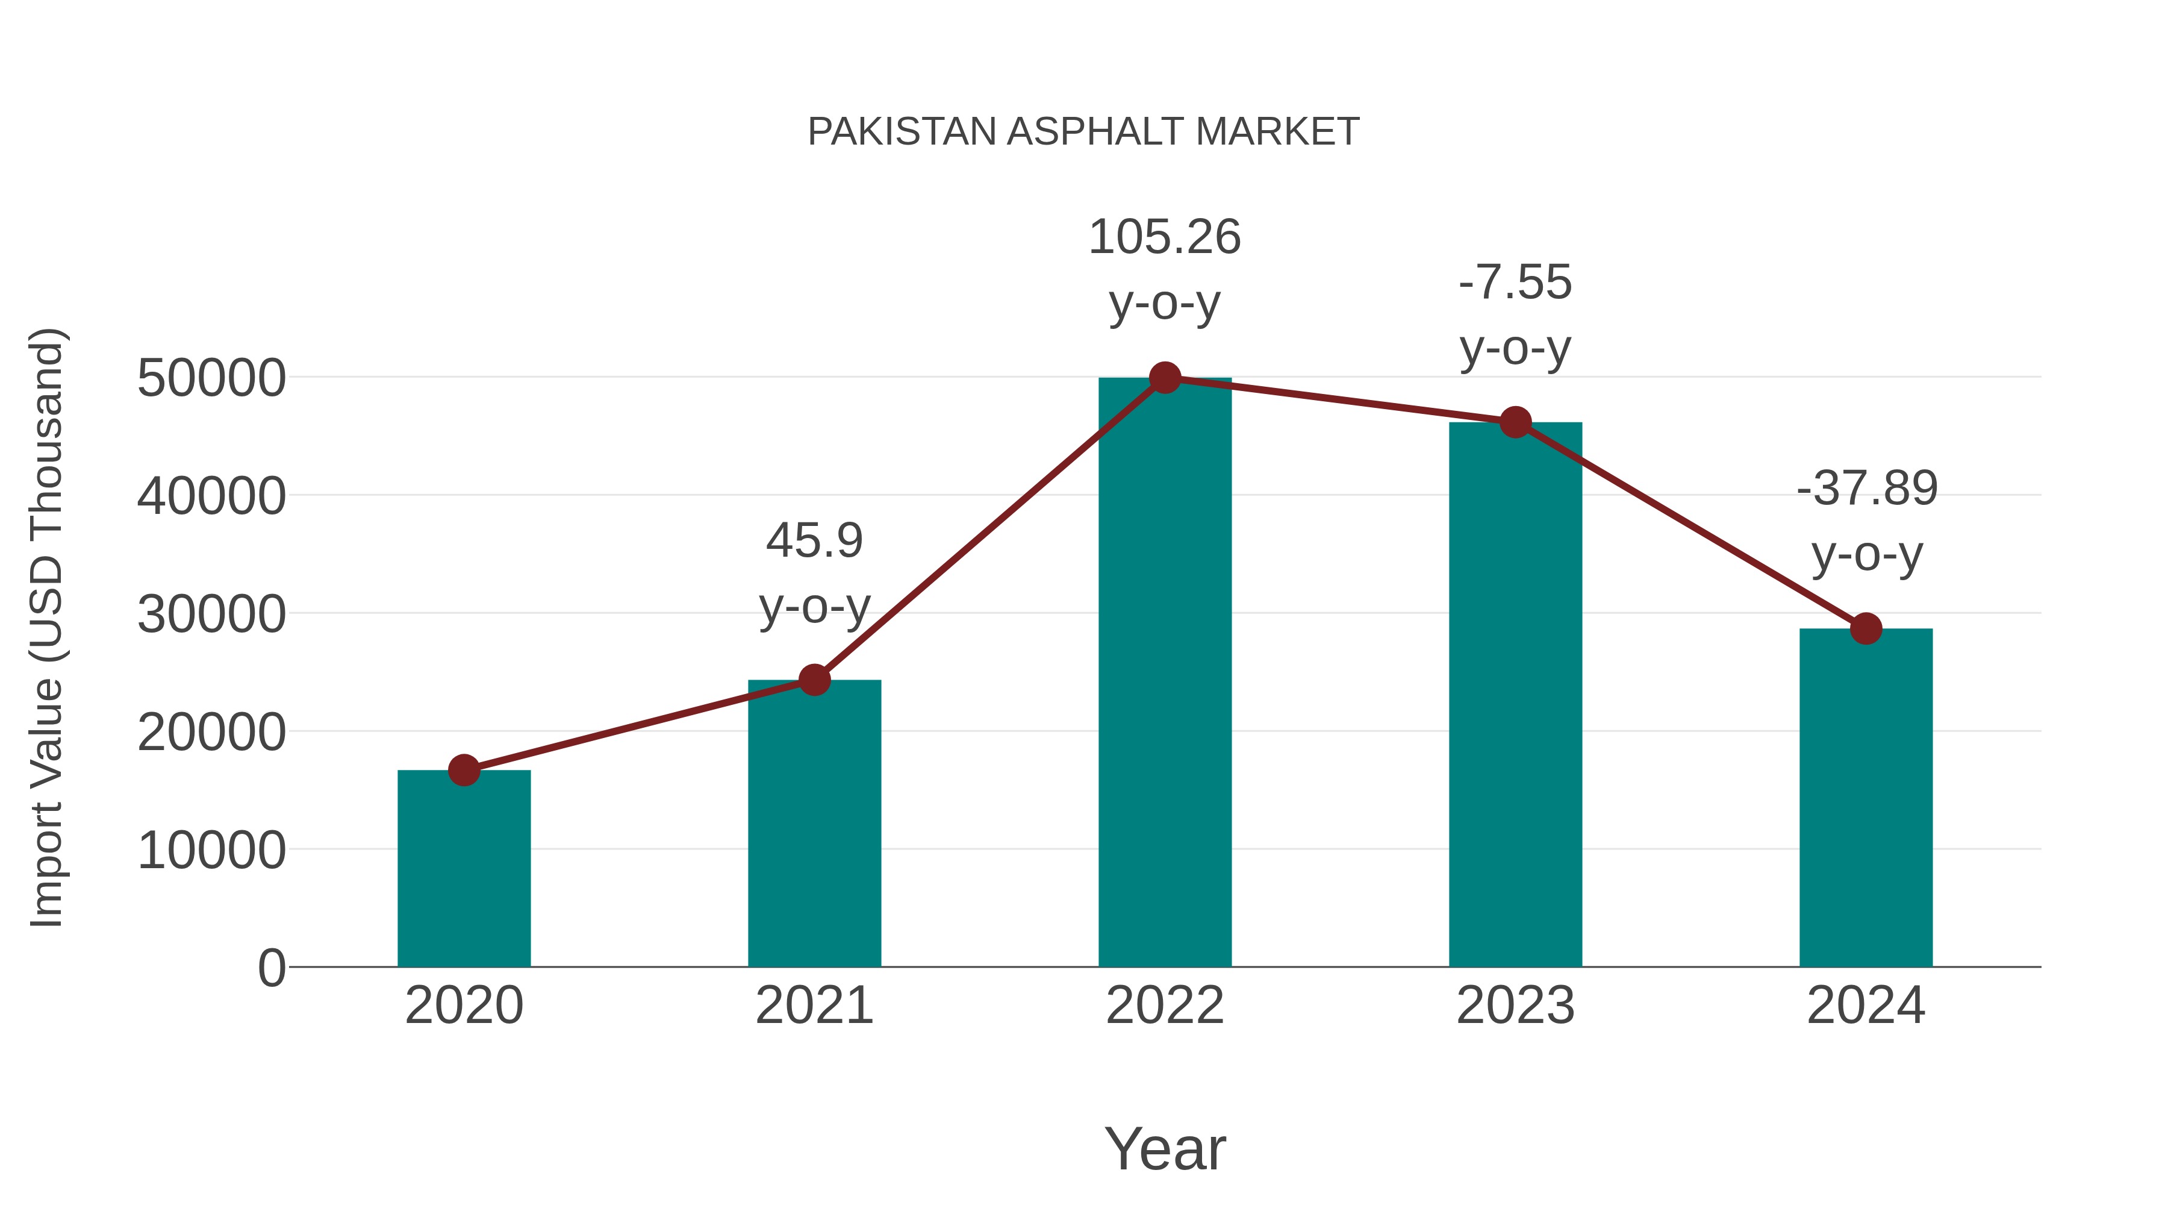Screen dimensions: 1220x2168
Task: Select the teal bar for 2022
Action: pos(1165,674)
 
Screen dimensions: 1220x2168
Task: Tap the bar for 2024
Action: pos(1866,800)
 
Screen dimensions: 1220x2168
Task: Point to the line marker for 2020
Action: pos(464,769)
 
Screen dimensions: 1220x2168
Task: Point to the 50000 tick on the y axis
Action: pos(211,379)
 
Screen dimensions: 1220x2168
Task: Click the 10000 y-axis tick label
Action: pos(211,850)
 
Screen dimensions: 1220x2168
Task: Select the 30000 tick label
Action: pos(211,615)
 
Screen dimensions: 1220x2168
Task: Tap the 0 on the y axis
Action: pos(272,968)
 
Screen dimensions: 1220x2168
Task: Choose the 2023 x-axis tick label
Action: pos(1515,1006)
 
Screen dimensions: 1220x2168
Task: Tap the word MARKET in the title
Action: pos(1277,132)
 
